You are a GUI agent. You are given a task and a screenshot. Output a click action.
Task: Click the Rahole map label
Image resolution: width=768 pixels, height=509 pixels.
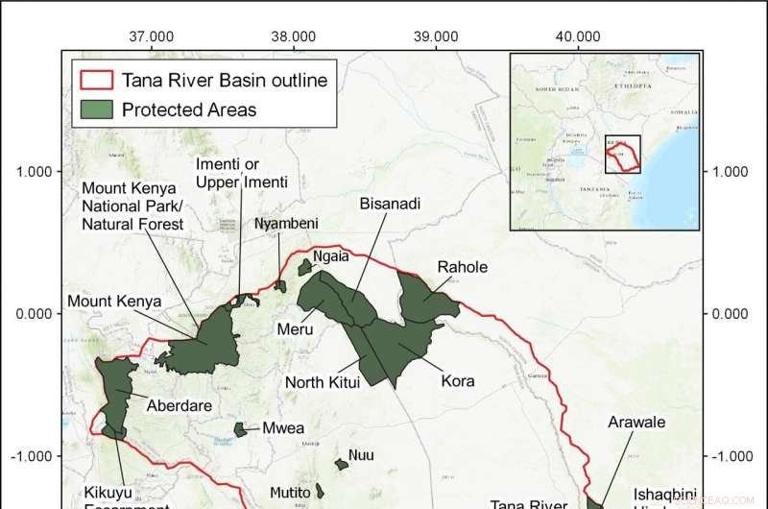[x=463, y=267]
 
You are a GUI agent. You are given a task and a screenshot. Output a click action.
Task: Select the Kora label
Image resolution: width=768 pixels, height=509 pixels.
[x=458, y=380]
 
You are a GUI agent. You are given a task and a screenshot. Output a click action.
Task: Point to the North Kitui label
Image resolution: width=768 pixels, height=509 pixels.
[x=323, y=382]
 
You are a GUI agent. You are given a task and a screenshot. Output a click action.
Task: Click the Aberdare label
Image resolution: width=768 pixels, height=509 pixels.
[x=179, y=405]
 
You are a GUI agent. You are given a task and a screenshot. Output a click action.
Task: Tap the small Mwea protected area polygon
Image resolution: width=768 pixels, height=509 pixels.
[x=241, y=429]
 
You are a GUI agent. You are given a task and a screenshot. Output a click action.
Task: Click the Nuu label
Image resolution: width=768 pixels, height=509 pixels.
[x=361, y=455]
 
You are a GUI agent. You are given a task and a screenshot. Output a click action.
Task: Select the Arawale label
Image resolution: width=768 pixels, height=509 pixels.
[x=636, y=422]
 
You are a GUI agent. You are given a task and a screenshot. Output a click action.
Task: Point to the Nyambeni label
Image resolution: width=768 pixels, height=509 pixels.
[x=286, y=224]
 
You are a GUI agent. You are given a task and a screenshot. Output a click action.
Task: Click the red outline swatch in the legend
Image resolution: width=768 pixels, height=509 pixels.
[x=96, y=79]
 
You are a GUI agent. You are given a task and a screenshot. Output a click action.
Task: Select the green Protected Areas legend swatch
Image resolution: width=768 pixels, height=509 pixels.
[x=96, y=109]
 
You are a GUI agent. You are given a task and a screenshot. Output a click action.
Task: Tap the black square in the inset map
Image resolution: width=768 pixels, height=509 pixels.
[x=622, y=154]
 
